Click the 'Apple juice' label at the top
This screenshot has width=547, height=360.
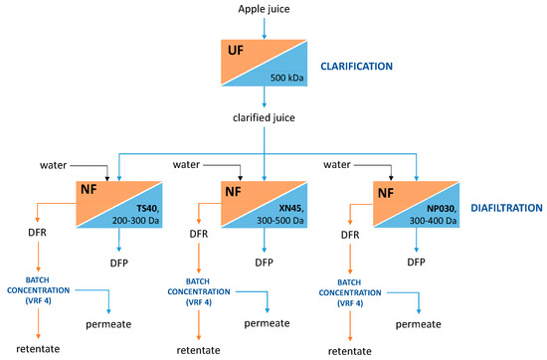coord(265,10)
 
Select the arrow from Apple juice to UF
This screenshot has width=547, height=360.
coord(265,27)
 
